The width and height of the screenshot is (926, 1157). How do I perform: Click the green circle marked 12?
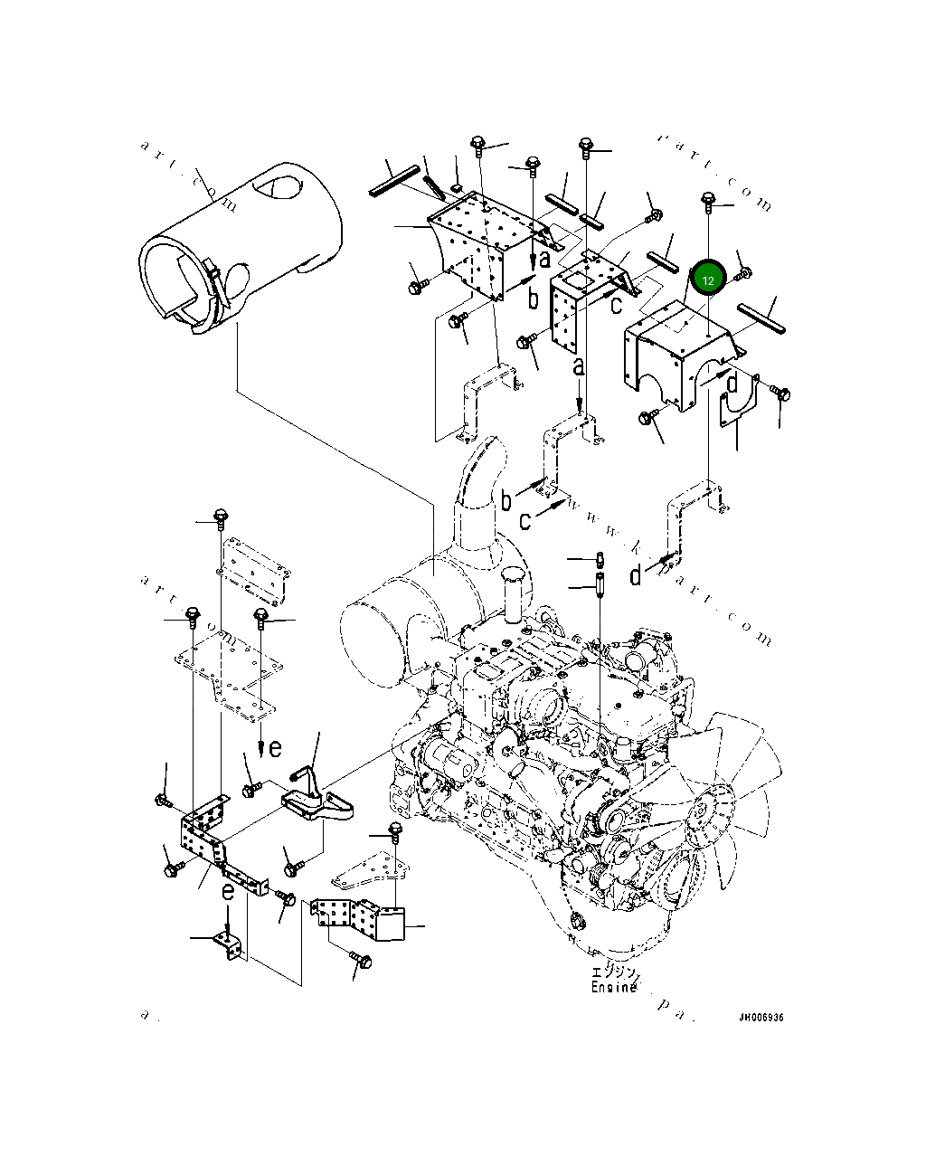pyautogui.click(x=708, y=280)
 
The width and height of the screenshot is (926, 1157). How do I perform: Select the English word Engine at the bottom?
pyautogui.click(x=614, y=987)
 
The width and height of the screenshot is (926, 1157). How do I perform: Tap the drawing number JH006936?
pyautogui.click(x=761, y=1018)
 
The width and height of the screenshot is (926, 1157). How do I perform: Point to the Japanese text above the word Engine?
pyautogui.click(x=614, y=972)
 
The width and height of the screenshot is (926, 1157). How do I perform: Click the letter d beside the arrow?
pyautogui.click(x=636, y=574)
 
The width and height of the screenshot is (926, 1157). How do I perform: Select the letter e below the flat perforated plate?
pyautogui.click(x=275, y=747)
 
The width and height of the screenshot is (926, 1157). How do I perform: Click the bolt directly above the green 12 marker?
pyautogui.click(x=707, y=200)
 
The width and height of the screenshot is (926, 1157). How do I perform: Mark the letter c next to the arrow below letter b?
pyautogui.click(x=524, y=521)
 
